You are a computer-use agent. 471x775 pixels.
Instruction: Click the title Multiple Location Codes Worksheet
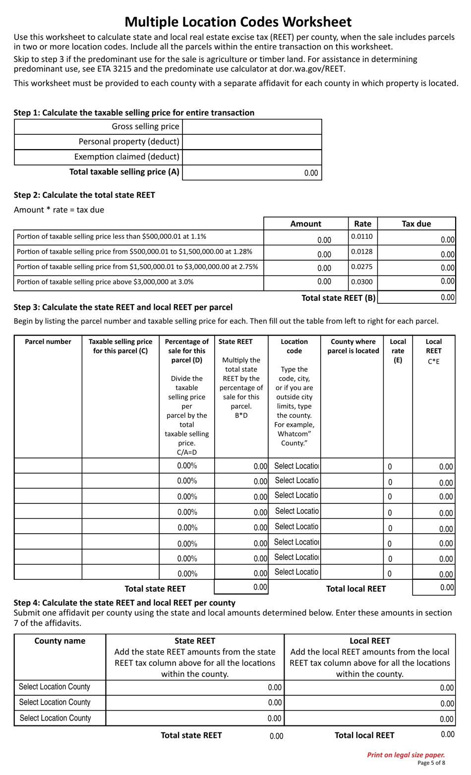click(x=238, y=22)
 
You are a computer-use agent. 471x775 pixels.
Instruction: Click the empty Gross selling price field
click(x=252, y=127)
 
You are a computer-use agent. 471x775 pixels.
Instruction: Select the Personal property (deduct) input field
click(x=252, y=142)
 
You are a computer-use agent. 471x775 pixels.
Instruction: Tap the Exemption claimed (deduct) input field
click(x=252, y=157)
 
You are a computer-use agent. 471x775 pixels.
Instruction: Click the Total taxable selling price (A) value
click(x=252, y=172)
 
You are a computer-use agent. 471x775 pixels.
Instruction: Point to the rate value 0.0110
click(x=362, y=237)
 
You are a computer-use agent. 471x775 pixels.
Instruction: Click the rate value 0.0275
click(x=362, y=267)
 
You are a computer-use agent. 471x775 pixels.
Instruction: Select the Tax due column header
click(x=416, y=224)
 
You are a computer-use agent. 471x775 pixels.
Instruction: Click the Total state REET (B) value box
click(x=416, y=297)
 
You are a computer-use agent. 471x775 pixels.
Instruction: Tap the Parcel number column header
click(x=48, y=342)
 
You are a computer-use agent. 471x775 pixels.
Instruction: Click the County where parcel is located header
click(x=353, y=346)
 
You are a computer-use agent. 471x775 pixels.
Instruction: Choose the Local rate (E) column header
click(x=398, y=350)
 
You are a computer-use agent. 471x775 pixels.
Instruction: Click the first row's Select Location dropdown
click(x=296, y=466)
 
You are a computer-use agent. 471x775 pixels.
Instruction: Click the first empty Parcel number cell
click(x=48, y=466)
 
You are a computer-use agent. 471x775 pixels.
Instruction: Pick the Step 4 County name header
click(x=60, y=641)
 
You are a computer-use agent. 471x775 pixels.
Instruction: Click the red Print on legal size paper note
click(x=406, y=755)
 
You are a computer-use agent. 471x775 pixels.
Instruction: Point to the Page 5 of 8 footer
click(x=431, y=763)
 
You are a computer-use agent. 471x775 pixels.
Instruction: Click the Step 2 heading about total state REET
click(x=84, y=195)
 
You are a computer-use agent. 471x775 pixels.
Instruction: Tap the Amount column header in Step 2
click(x=305, y=224)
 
